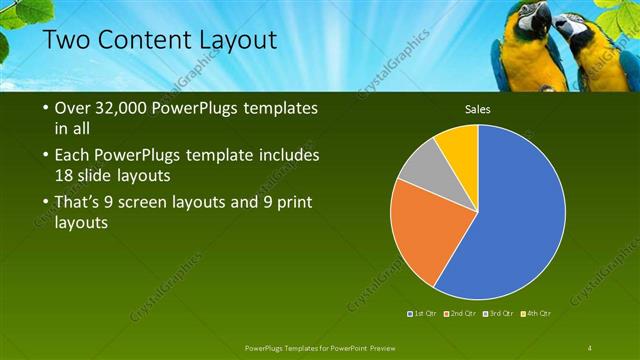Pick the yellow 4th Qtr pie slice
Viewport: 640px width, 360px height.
click(459, 142)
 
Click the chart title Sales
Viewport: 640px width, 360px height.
click(477, 109)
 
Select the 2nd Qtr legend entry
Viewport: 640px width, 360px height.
click(459, 313)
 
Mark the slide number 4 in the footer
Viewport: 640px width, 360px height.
click(591, 347)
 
